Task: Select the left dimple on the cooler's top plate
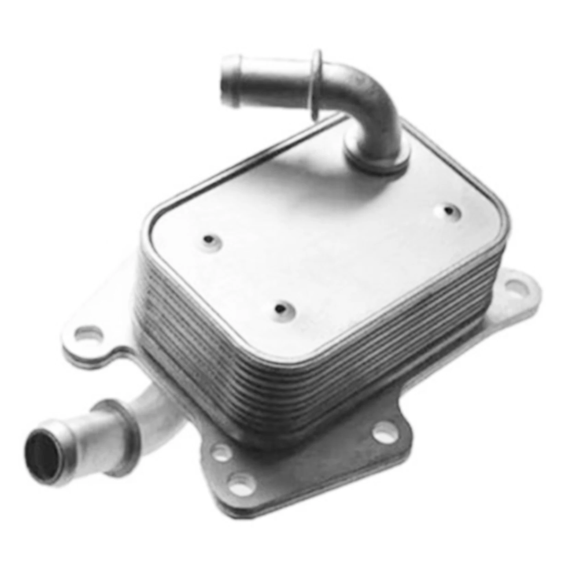pos(208,239)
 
